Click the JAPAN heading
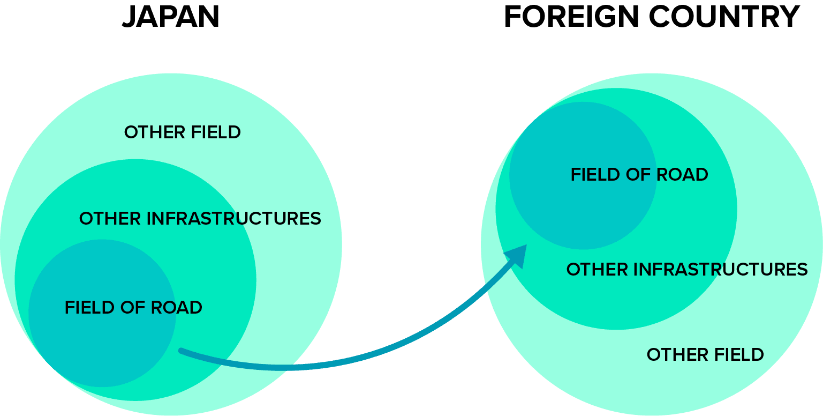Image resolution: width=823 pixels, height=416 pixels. tap(171, 17)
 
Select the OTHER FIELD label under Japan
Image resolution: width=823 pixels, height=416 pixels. tap(182, 132)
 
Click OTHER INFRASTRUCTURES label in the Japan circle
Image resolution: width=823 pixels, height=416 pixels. tap(200, 219)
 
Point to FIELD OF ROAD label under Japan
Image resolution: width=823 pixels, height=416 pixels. tap(133, 308)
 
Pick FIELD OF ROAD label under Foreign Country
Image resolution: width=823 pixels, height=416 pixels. tap(639, 175)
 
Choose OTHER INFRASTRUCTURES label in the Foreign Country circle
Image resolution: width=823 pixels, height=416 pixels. tap(687, 269)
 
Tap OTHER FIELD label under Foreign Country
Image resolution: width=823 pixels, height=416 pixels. tap(705, 355)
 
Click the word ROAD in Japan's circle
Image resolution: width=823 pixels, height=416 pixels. tap(177, 308)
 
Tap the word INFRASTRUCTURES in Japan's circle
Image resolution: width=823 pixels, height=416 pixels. tap(233, 219)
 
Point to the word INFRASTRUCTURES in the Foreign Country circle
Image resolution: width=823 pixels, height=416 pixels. tap(721, 269)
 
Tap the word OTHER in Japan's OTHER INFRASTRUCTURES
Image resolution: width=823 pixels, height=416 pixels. tap(110, 219)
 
